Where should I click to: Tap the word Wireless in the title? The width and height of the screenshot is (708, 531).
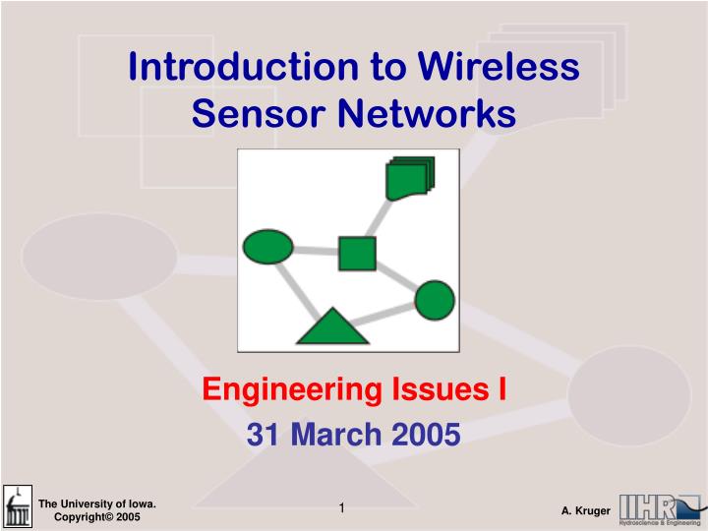tap(499, 67)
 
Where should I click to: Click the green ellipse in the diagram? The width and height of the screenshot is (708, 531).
tap(267, 246)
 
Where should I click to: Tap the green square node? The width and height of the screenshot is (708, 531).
tap(357, 253)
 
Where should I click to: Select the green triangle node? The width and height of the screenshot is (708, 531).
tap(332, 326)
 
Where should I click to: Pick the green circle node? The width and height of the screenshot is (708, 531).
tap(435, 300)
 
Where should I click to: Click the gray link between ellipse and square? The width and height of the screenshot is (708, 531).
tap(316, 251)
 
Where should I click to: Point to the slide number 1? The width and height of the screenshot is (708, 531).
tap(341, 507)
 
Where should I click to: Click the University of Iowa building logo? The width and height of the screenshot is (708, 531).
tap(18, 507)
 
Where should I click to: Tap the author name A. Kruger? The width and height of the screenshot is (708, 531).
tap(586, 511)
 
